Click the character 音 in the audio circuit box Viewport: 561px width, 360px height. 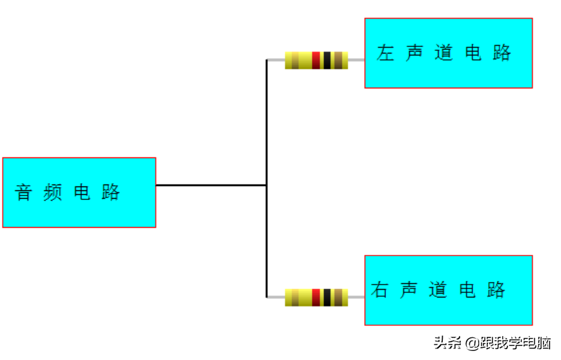pos(24,192)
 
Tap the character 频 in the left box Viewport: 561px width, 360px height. pos(52,192)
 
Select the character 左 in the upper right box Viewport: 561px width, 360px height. pos(385,53)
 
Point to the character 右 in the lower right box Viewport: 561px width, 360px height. pos(380,290)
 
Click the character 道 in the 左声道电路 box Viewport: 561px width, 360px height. pos(444,53)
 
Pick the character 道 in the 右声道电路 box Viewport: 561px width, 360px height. pos(438,290)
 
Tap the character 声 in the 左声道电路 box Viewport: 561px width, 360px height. pos(414,53)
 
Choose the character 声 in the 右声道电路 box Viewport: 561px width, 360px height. pos(409,290)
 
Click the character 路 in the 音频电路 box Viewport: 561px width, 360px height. pos(110,192)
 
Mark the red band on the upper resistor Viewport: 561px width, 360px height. pos(316,61)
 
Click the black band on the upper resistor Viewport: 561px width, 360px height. pos(327,61)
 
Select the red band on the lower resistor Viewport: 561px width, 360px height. pos(316,297)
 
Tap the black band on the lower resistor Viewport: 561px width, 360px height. pos(327,297)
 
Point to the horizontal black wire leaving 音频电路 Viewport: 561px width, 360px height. pos(211,185)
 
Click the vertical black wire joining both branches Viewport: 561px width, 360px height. pos(267,179)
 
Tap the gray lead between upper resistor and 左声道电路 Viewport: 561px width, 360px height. pos(356,60)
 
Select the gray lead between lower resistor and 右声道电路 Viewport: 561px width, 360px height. pos(356,297)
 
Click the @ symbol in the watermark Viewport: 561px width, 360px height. pos(473,344)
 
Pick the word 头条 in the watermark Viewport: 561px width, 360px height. pos(447,343)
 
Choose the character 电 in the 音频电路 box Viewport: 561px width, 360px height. pos(82,192)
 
